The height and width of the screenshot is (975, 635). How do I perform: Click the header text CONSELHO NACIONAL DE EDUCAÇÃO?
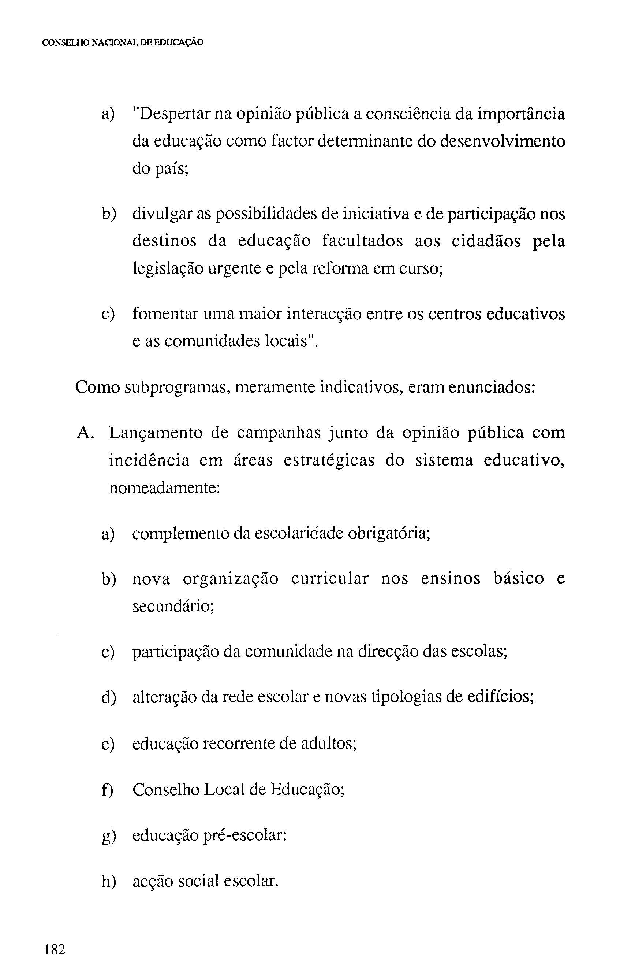123,42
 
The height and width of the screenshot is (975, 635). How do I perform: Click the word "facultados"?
362,241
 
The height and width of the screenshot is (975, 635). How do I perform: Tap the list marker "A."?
86,433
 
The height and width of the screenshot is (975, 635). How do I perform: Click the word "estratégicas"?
329,460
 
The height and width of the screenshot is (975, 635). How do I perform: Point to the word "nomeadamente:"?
165,488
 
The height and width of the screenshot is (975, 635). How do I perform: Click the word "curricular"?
330,579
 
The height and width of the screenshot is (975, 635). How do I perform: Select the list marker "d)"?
108,697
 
